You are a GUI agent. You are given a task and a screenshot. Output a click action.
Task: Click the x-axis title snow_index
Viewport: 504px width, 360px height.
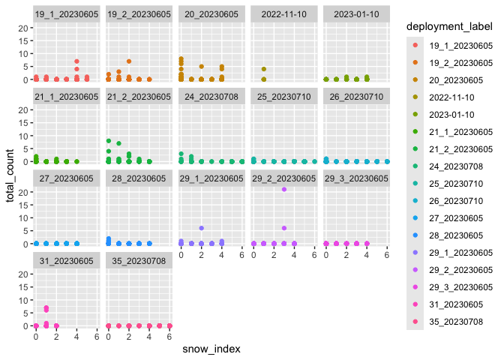(x=212, y=349)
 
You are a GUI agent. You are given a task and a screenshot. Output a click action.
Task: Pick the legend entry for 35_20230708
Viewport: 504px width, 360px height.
(x=457, y=321)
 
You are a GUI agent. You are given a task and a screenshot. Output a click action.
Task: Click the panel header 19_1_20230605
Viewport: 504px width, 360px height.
(x=66, y=13)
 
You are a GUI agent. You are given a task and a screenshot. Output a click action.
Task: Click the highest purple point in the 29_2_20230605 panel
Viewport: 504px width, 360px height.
(x=284, y=190)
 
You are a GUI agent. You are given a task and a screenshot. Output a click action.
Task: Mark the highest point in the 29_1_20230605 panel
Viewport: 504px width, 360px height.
(x=201, y=228)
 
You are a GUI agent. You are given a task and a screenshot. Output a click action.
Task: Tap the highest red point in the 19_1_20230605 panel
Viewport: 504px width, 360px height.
(x=76, y=61)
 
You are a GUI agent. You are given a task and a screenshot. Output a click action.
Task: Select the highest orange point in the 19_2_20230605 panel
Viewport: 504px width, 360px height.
(x=129, y=61)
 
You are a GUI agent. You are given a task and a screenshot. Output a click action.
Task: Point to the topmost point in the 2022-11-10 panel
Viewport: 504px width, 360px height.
(x=263, y=69)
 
